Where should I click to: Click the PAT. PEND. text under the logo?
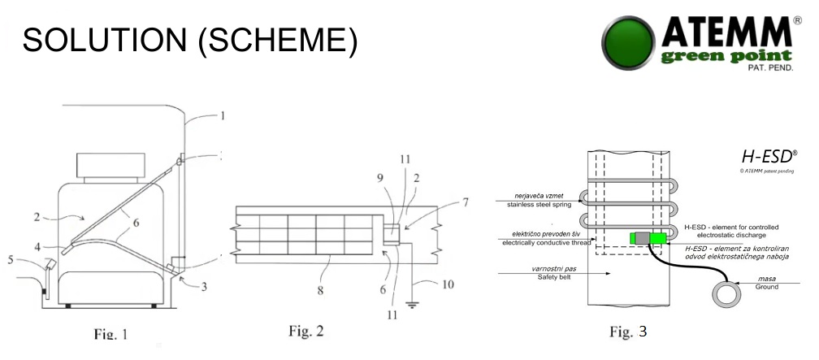click(x=770, y=68)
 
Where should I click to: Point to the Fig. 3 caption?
click(x=628, y=332)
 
